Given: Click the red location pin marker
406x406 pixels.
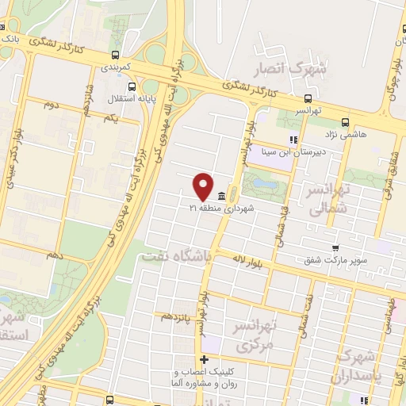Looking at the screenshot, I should coord(203,186).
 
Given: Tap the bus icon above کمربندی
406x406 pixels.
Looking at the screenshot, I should coord(117,56).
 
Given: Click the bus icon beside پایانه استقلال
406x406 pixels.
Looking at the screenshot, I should coord(133,88).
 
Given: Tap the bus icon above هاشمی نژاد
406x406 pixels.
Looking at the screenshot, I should coord(345,122).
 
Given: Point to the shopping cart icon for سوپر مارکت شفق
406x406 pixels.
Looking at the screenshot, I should coord(336,248).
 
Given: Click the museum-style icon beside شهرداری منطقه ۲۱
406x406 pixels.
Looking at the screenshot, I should coord(220,196).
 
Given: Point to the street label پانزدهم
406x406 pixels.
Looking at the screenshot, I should coord(176,316).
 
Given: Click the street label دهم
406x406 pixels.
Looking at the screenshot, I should coord(54,255).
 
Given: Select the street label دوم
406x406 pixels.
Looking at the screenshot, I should coord(51,104).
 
